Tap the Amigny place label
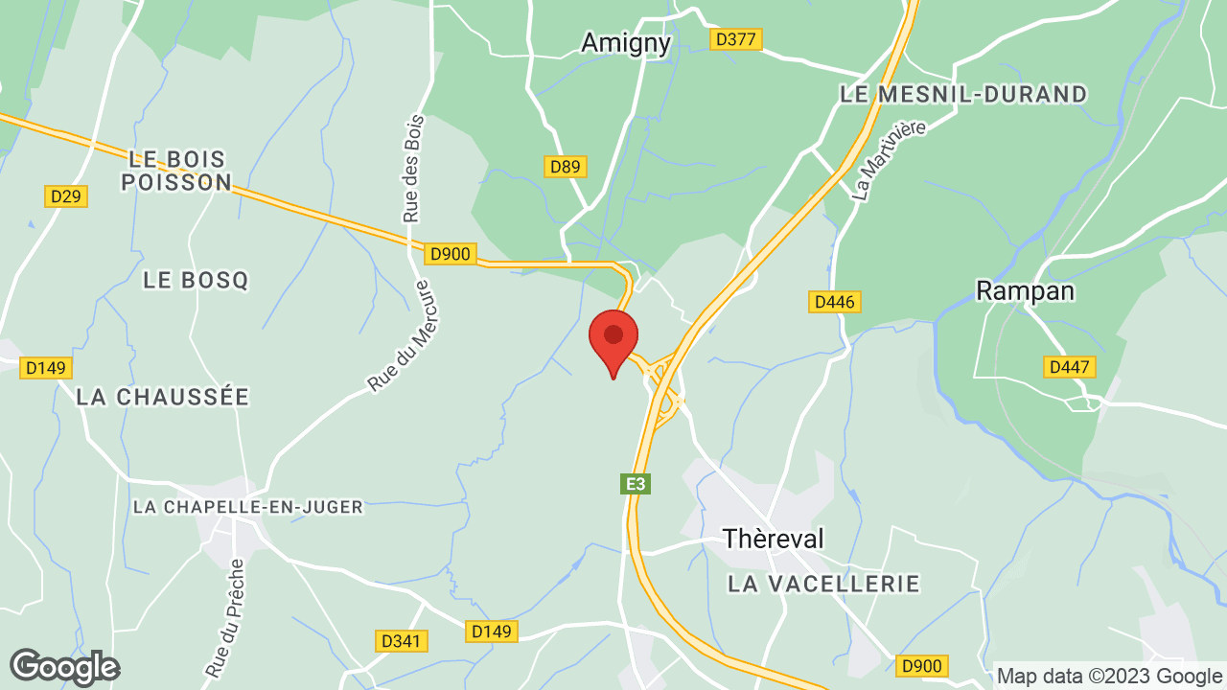[626, 42]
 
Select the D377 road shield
[736, 39]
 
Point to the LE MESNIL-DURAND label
[963, 94]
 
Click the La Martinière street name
[890, 159]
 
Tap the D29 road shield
[66, 196]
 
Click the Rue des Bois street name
[413, 169]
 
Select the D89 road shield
[566, 167]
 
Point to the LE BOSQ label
[196, 280]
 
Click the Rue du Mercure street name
[402, 336]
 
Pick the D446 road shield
[834, 302]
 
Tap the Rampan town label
[1025, 290]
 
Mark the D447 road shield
[1070, 367]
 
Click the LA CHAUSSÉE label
[163, 396]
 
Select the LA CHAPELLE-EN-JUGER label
[248, 507]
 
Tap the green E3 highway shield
[636, 485]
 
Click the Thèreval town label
[773, 539]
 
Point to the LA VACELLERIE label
[823, 583]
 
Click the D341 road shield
[401, 641]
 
